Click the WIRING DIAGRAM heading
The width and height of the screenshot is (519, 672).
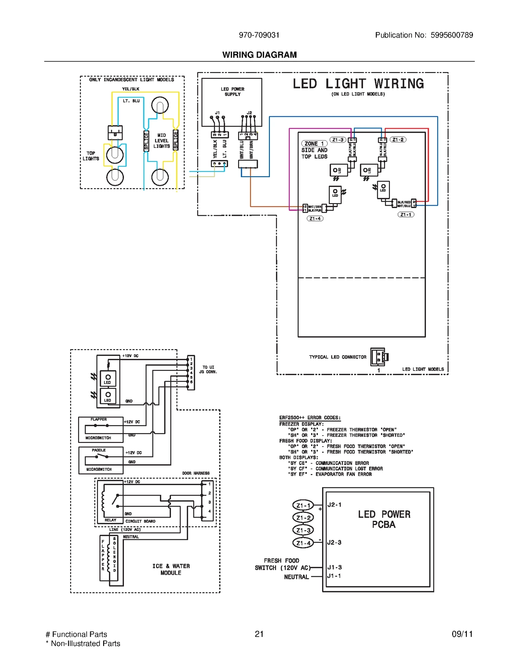259,55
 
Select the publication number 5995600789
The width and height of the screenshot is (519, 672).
452,35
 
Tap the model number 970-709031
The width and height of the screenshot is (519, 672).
259,35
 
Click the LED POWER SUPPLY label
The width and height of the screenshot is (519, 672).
232,92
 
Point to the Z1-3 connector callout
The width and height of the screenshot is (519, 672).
338,140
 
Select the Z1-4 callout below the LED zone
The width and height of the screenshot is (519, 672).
315,218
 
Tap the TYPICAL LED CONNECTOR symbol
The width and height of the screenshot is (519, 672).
379,357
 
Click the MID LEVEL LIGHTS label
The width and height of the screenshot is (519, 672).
162,141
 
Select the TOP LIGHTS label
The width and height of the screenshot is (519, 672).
91,156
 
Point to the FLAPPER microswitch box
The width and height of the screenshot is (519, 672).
101,429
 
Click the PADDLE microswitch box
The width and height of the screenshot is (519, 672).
101,460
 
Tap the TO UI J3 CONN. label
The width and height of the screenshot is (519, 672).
208,370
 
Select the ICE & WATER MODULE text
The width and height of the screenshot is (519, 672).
171,569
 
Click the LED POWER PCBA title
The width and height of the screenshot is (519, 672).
384,519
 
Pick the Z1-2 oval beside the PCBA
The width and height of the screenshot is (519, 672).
303,518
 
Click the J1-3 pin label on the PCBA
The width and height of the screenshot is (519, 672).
334,567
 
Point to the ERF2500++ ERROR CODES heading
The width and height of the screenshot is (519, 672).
310,418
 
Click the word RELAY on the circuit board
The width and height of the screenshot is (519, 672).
110,520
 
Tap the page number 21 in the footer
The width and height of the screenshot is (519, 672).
259,634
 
